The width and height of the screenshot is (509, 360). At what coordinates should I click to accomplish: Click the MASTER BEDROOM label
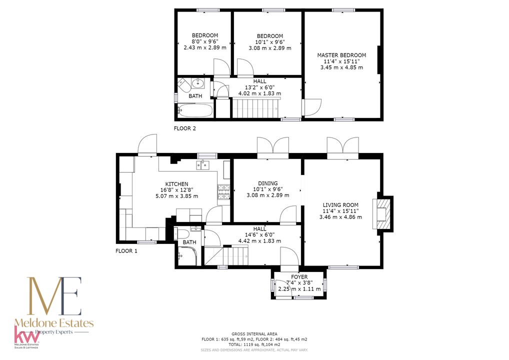pos(341,55)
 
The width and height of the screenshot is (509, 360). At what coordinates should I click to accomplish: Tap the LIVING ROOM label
pos(340,205)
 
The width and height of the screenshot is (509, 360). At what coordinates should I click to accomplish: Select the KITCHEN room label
pos(176,184)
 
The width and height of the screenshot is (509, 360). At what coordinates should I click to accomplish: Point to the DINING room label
pos(268,183)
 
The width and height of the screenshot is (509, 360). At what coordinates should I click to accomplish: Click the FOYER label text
pos(299,277)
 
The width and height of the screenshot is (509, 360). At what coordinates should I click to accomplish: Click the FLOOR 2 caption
pos(184,128)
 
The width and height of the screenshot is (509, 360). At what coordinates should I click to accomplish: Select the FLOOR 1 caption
pos(126,251)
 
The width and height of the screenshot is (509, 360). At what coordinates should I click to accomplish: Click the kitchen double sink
pos(202,165)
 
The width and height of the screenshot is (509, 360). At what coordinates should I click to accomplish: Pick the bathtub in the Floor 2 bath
pos(195,110)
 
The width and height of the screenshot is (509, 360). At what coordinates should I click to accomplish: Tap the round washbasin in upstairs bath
pos(197,83)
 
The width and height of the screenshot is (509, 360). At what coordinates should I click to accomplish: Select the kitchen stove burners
pos(223,191)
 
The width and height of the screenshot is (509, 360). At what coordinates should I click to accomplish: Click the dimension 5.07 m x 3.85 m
pos(176,196)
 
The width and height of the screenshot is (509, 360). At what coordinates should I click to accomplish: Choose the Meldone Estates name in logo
pos(54,323)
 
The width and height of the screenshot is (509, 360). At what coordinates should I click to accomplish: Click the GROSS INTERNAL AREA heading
pos(254,334)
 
